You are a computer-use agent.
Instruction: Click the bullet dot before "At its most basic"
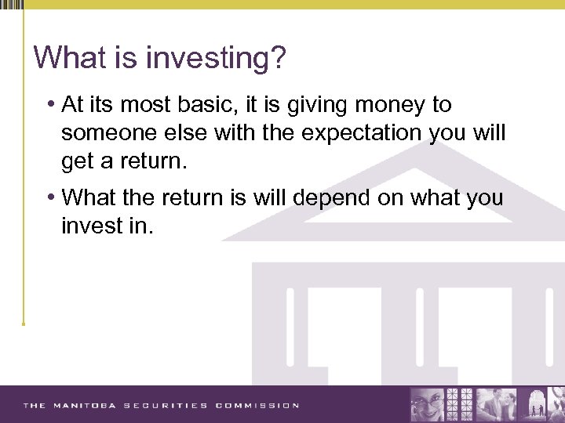[50, 105]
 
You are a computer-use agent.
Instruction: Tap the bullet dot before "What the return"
[50, 197]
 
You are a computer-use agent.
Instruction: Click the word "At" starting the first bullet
[72, 105]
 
